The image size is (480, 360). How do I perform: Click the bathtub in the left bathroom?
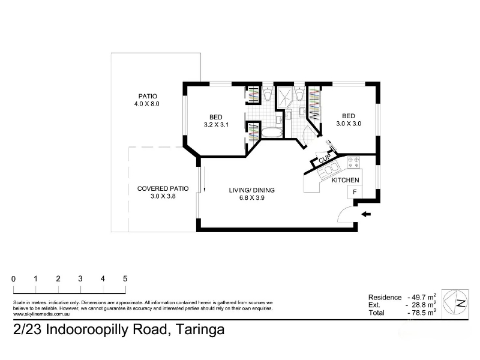271,133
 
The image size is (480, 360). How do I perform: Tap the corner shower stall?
284,97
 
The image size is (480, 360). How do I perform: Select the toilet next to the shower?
299,94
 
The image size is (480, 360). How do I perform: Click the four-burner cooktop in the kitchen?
353,162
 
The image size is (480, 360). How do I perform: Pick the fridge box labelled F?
355,192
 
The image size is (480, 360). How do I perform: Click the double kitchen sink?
328,170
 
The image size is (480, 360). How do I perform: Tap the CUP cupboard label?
325,158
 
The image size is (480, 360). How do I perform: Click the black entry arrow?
366,214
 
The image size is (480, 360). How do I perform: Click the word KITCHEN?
346,180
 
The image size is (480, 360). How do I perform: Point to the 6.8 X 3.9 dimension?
251,198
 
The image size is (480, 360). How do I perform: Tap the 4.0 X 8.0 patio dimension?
146,104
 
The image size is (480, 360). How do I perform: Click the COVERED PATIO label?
163,188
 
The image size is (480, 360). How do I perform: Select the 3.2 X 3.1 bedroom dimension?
216,125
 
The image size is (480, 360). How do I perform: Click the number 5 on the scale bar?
125,278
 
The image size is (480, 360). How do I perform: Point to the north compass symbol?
455,302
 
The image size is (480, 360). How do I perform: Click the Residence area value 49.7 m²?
424,297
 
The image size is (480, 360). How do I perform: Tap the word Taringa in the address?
200,329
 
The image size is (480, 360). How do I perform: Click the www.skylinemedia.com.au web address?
41,314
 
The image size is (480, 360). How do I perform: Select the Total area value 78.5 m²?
424,313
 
